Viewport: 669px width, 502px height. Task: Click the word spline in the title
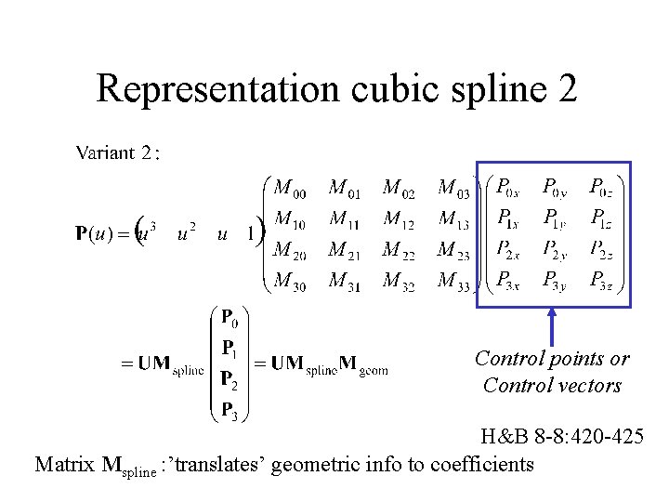[490, 89]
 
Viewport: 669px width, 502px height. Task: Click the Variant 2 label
[118, 152]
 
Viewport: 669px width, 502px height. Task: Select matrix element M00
[289, 189]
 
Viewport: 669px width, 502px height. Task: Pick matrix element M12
[399, 220]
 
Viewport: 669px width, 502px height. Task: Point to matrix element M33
[453, 281]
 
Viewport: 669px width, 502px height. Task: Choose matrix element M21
[345, 251]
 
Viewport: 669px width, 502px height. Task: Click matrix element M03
[453, 189]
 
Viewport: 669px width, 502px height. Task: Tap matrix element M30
[289, 281]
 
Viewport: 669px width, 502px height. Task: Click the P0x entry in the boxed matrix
[507, 188]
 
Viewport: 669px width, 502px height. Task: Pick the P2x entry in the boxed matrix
[507, 249]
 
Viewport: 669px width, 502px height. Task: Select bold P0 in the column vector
[229, 319]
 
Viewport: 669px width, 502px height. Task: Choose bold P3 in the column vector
[229, 408]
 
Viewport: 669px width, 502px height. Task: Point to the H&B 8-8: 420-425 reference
[561, 435]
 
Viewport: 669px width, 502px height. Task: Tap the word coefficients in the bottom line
[482, 463]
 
